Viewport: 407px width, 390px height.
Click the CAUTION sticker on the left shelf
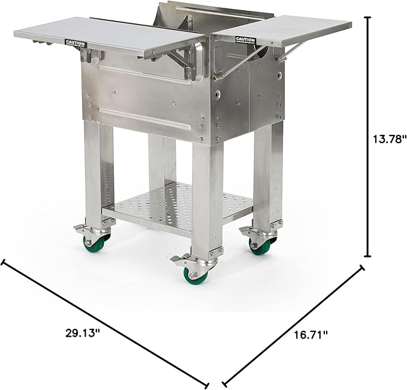(x=76, y=44)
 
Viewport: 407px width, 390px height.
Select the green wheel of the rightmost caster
(x=263, y=244)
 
